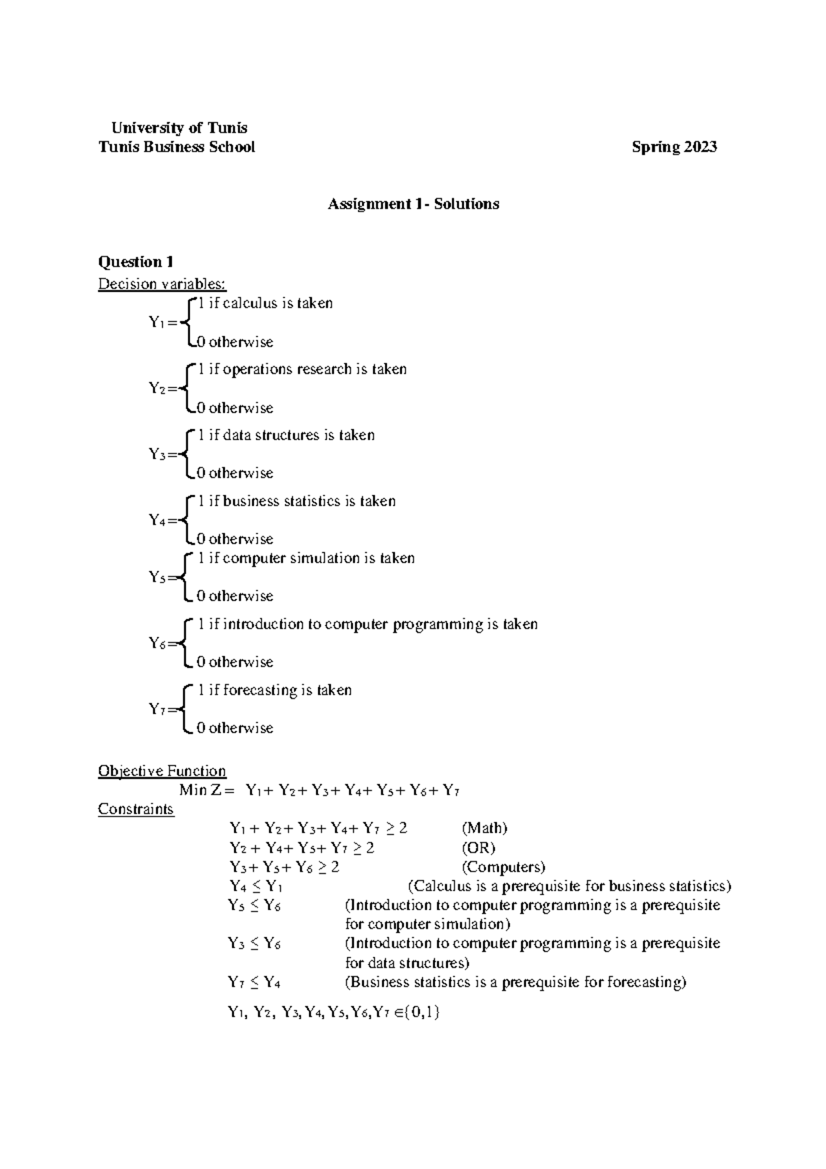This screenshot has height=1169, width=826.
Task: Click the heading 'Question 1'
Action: point(136,262)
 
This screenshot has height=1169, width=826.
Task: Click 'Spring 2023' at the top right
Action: point(675,147)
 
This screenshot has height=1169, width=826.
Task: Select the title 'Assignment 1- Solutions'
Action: point(413,204)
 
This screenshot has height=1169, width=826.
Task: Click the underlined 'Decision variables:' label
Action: point(162,284)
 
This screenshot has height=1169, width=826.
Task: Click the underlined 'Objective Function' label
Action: point(162,770)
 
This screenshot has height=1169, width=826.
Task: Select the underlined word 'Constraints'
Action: point(136,808)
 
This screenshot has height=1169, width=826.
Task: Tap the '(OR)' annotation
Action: point(478,847)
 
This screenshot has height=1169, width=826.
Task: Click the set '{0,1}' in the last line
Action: point(422,1012)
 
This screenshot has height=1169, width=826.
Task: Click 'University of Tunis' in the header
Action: point(179,127)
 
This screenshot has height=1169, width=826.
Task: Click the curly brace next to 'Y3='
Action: point(184,454)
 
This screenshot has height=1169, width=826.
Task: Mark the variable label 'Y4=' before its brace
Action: point(162,520)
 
